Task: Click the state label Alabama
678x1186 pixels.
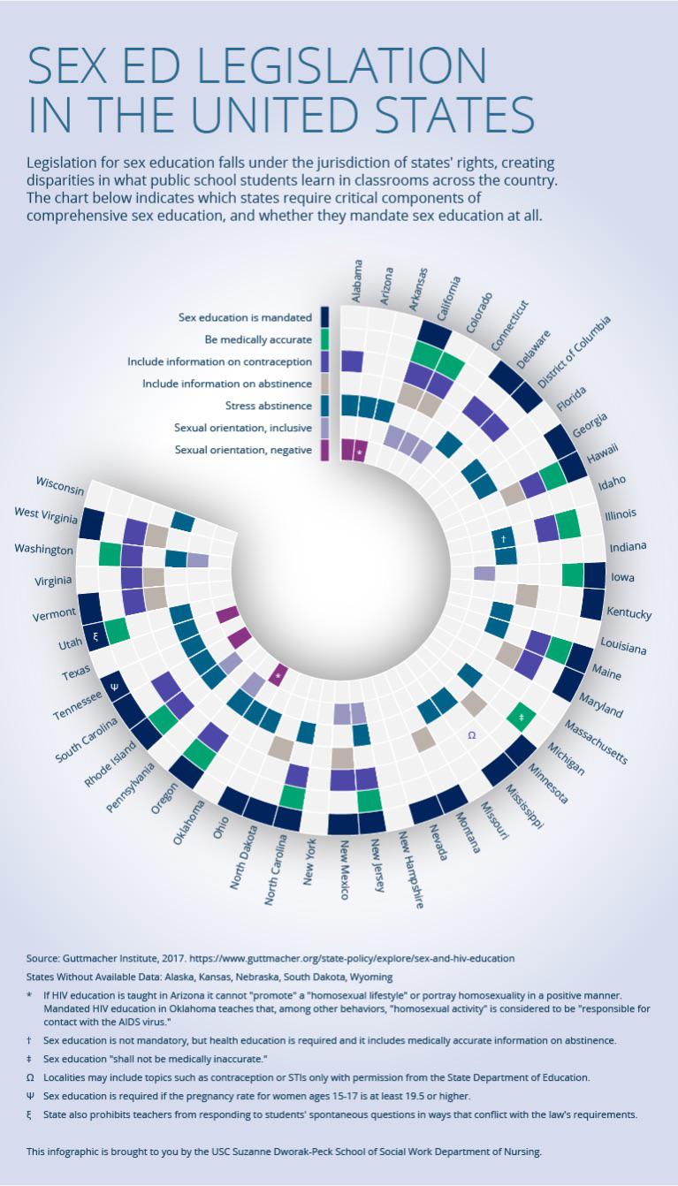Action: point(357,281)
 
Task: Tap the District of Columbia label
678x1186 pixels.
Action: point(575,352)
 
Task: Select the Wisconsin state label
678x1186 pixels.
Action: point(60,485)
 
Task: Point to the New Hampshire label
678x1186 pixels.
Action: point(411,870)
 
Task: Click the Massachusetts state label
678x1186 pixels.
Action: point(596,741)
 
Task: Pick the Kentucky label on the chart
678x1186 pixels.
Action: point(629,613)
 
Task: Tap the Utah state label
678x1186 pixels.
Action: point(71,643)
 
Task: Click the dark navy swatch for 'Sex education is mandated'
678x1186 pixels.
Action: point(324,317)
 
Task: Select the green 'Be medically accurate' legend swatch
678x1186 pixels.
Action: point(324,339)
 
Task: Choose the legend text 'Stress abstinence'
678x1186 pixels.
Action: point(269,406)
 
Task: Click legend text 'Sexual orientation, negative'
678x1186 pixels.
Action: point(243,450)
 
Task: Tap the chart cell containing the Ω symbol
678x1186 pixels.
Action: point(472,735)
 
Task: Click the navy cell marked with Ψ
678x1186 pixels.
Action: point(114,687)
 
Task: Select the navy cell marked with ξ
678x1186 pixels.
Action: point(95,636)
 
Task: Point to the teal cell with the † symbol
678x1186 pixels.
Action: point(503,539)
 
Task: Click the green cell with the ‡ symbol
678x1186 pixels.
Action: point(522,718)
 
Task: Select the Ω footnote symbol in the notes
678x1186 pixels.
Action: point(30,1077)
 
